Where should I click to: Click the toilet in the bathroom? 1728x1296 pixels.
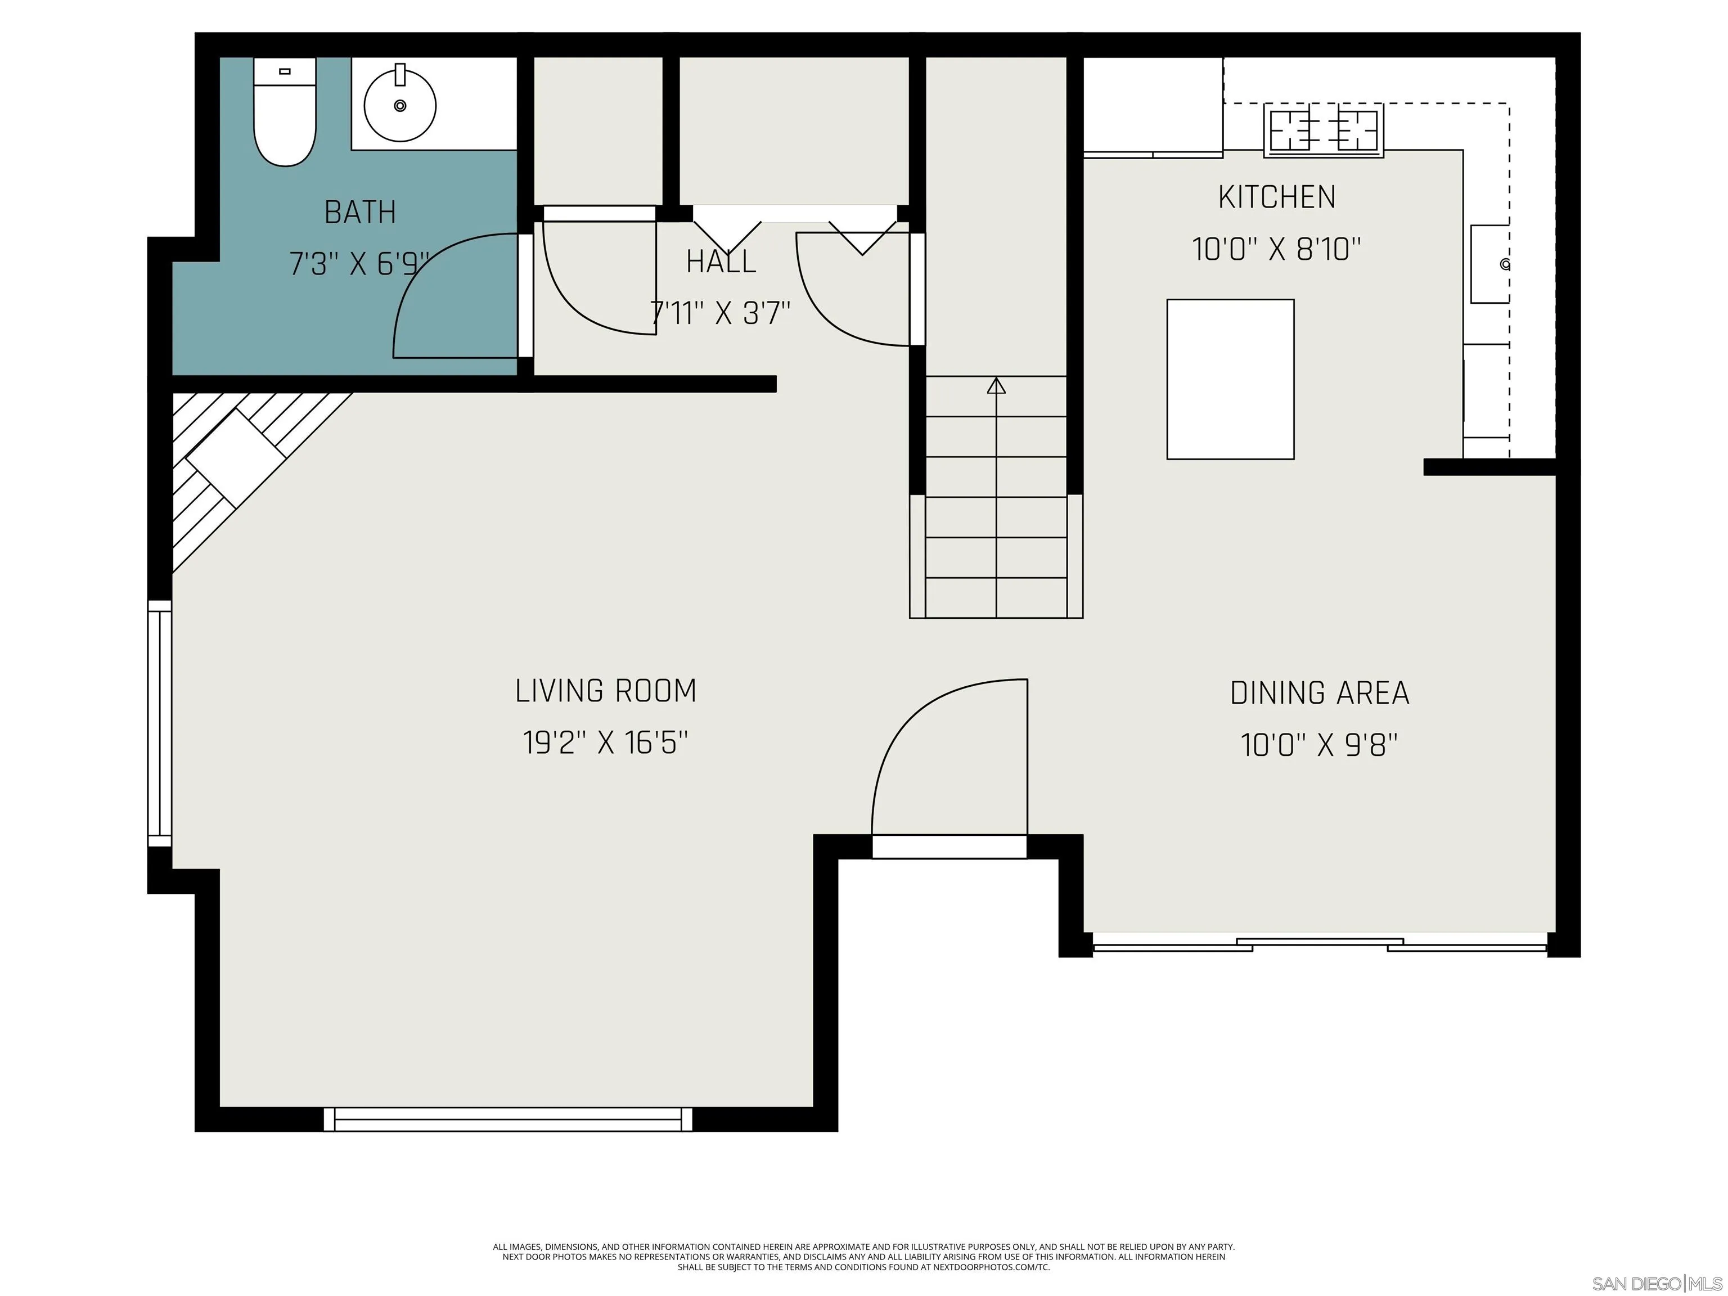285,113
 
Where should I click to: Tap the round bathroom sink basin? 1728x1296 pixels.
400,105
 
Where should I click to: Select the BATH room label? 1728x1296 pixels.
360,211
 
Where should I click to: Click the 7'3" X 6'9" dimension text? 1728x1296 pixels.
360,264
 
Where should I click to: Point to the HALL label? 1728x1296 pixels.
721,262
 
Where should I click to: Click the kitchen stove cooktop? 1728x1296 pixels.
1324,130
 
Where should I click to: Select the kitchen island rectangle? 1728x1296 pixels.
1230,379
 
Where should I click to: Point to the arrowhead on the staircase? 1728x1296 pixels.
996,385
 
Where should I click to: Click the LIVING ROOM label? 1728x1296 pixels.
605,691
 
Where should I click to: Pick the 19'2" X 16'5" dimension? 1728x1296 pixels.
605,742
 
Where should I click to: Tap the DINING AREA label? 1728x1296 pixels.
1320,693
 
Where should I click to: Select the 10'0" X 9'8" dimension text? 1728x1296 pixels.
1320,745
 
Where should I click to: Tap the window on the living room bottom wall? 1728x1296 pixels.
508,1119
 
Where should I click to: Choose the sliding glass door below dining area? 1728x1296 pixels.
1320,945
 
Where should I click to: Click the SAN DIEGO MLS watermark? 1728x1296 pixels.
1656,1284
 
